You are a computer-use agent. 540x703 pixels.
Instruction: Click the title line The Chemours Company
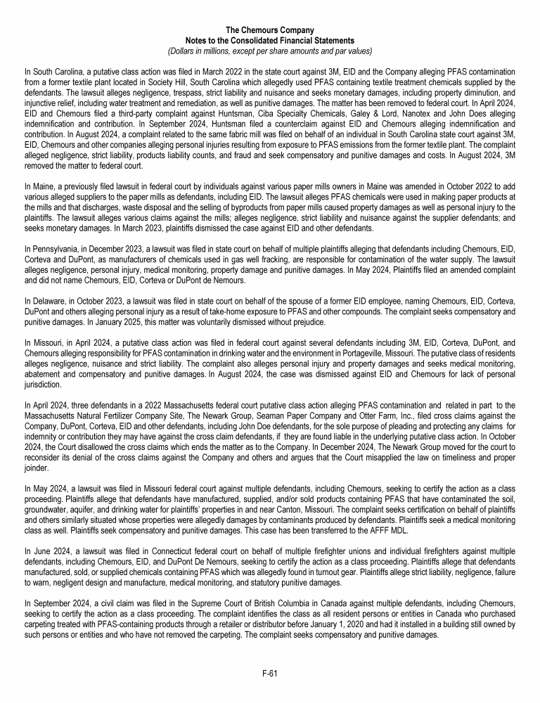click(x=270, y=30)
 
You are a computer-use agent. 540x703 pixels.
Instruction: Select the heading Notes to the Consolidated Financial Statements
click(x=270, y=41)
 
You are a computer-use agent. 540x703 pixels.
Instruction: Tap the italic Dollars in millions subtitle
click(x=270, y=51)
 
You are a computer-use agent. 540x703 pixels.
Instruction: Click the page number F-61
click(x=270, y=673)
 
